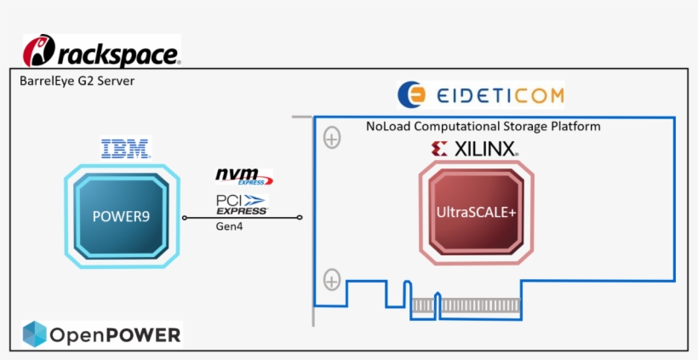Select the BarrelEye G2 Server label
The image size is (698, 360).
(77, 81)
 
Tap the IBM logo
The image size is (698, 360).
(125, 149)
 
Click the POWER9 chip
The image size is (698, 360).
(121, 217)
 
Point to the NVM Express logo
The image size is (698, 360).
(243, 176)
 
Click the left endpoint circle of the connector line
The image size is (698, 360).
(184, 218)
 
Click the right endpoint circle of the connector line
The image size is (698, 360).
(300, 218)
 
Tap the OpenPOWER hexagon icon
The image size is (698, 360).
(34, 334)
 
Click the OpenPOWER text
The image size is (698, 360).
(114, 335)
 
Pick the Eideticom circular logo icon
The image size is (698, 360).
(412, 94)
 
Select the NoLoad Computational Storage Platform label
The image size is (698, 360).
(483, 126)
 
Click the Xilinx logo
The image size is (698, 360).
(475, 150)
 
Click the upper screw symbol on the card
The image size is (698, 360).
(332, 136)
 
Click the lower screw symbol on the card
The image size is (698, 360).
(332, 279)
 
